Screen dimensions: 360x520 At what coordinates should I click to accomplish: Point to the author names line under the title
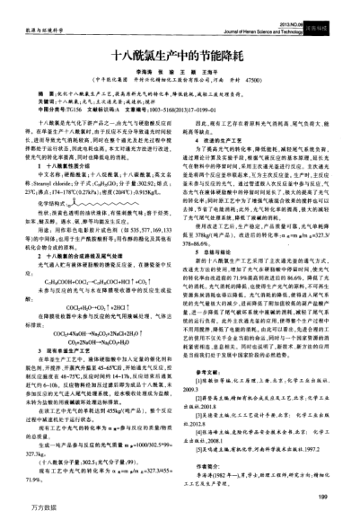click(x=180, y=73)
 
